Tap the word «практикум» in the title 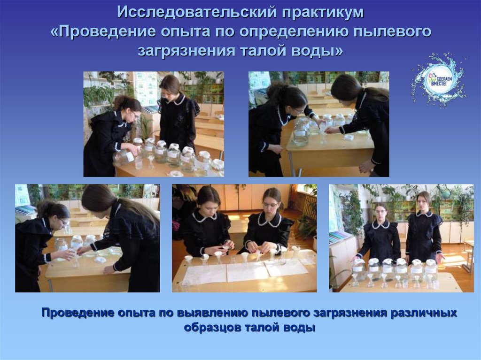point(323,13)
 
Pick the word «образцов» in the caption point(212,328)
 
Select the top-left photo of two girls point(154,124)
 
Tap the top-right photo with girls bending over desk point(318,124)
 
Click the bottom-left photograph point(87,238)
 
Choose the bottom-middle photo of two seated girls point(244,238)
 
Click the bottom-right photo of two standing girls point(401,238)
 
